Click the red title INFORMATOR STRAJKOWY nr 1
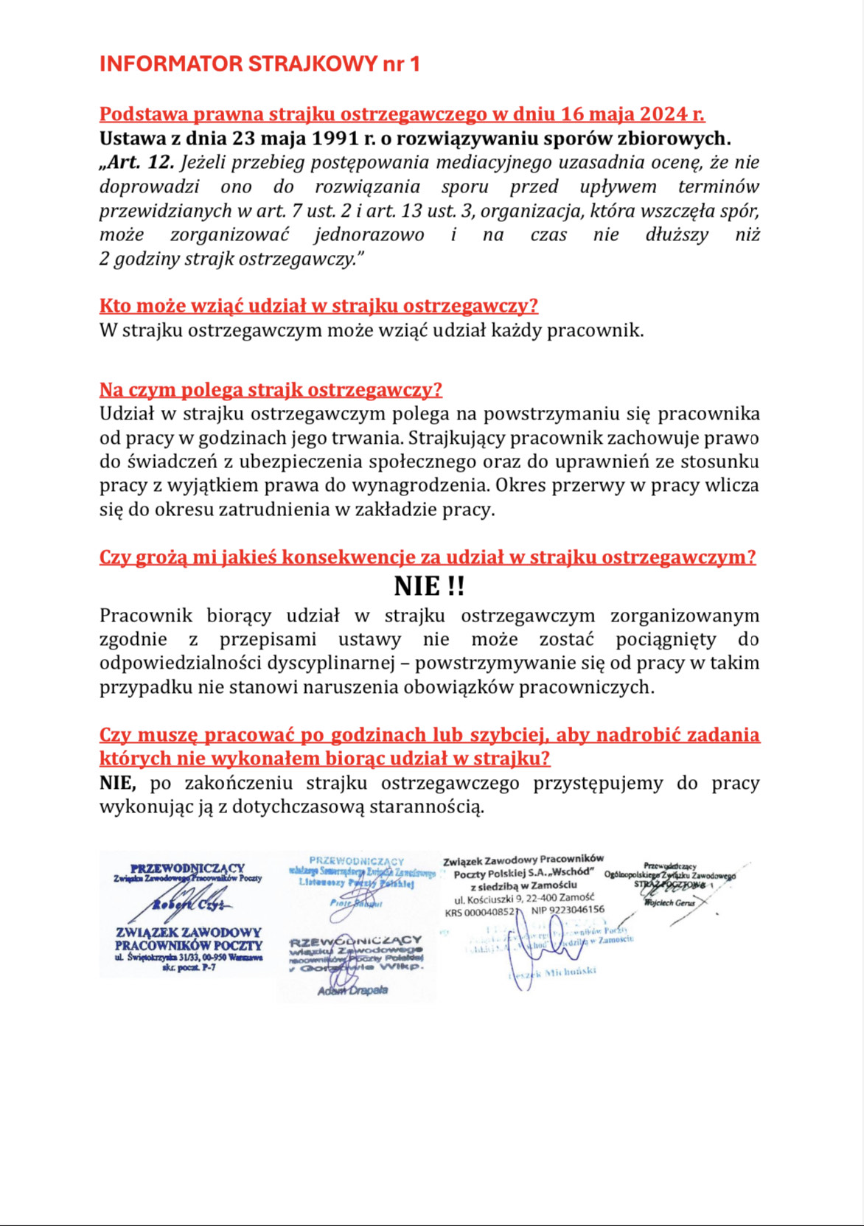pyautogui.click(x=259, y=64)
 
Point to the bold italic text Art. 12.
pyautogui.click(x=141, y=162)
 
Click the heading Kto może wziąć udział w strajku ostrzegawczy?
pyautogui.click(x=318, y=306)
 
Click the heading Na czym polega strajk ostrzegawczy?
pyautogui.click(x=271, y=390)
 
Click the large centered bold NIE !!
pyautogui.click(x=429, y=586)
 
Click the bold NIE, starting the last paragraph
pyautogui.click(x=118, y=783)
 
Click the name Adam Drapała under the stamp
pyautogui.click(x=352, y=991)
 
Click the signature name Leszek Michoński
pyautogui.click(x=554, y=972)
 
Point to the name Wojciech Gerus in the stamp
pyautogui.click(x=669, y=902)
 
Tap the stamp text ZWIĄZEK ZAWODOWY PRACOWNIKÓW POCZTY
pyautogui.click(x=189, y=938)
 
